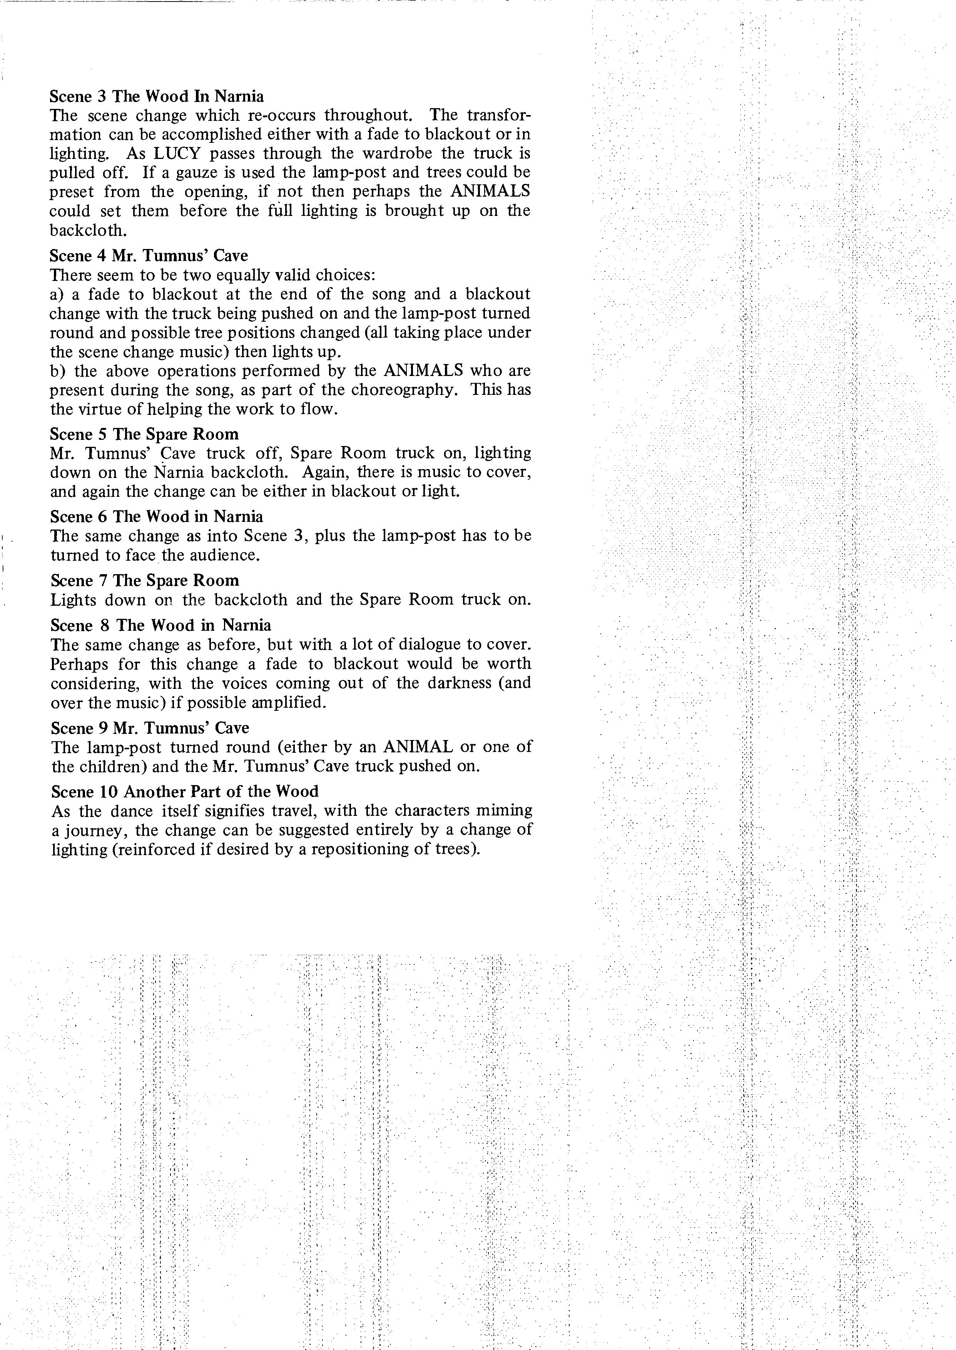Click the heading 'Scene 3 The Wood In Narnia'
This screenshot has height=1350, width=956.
coord(157,96)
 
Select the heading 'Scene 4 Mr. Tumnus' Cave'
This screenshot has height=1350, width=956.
coord(149,256)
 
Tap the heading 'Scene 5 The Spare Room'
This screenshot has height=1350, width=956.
coord(144,434)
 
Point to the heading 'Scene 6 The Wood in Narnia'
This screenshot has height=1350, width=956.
coord(157,517)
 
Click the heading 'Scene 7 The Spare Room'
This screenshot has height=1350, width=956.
coord(145,581)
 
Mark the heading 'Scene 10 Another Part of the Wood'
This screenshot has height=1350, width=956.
coord(184,792)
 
